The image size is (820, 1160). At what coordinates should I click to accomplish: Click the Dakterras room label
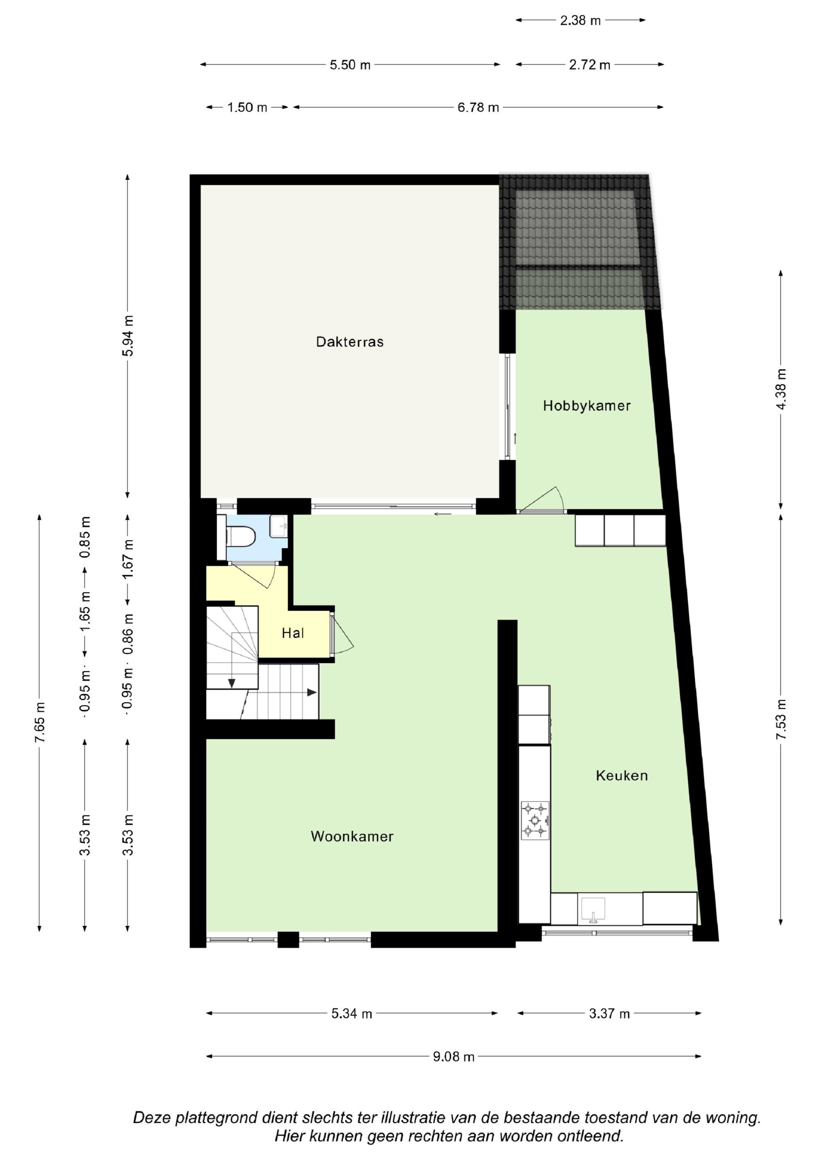[x=350, y=342]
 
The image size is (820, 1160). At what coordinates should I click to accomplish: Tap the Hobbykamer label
[x=587, y=406]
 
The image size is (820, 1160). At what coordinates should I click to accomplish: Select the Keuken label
[x=622, y=775]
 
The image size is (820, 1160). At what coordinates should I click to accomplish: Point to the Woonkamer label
[x=352, y=836]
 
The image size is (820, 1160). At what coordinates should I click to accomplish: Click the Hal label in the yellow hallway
[x=293, y=633]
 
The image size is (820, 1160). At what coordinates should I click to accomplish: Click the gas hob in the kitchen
[x=535, y=820]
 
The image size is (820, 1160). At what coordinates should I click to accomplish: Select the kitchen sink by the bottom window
[x=592, y=909]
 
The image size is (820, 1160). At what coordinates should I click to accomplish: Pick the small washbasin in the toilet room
[x=278, y=526]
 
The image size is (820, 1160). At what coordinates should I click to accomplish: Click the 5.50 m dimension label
[x=350, y=65]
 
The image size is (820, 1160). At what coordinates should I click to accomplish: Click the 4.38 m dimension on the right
[x=781, y=390]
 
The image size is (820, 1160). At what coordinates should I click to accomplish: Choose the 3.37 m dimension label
[x=609, y=1014]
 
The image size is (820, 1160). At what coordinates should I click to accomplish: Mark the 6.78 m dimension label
[x=478, y=107]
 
